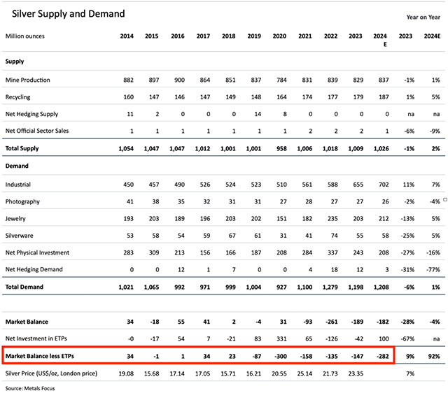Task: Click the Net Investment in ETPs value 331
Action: point(279,339)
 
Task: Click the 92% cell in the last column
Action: point(434,357)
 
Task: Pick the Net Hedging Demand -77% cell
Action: point(434,269)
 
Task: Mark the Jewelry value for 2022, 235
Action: point(329,218)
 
